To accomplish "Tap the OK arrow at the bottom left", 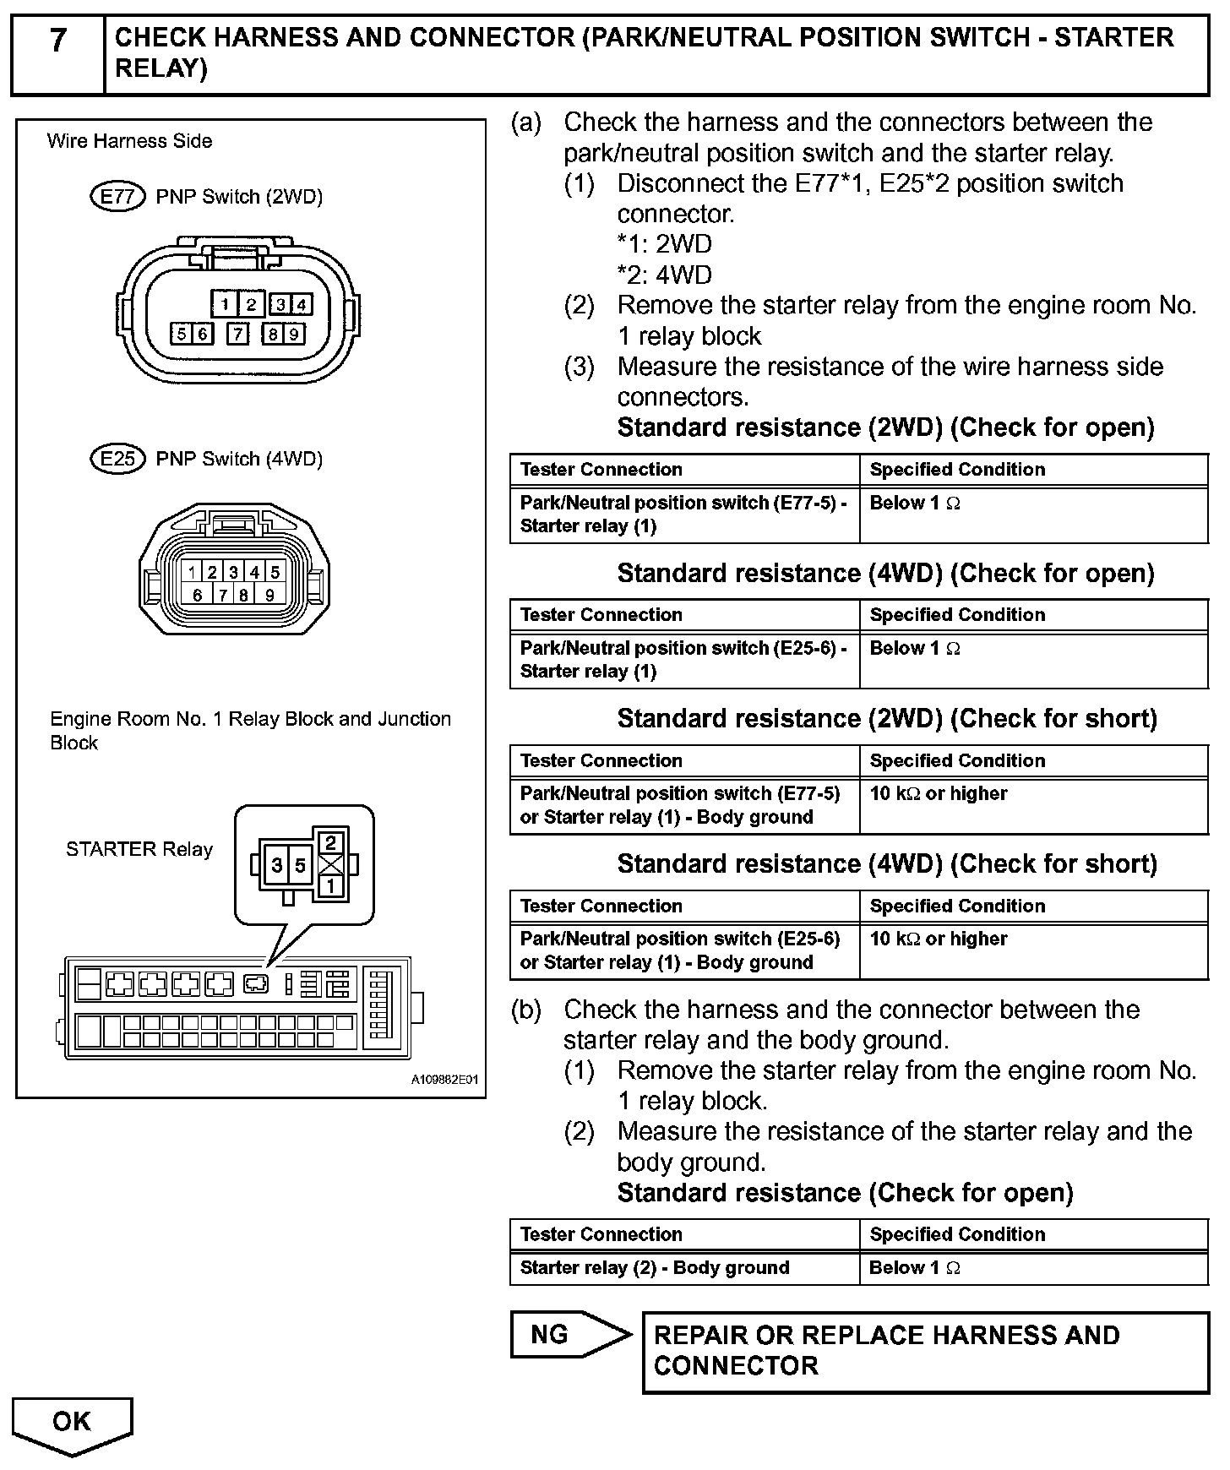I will tap(72, 1422).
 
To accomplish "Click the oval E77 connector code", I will tap(117, 197).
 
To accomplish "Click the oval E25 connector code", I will tap(117, 459).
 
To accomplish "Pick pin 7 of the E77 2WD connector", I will tap(238, 334).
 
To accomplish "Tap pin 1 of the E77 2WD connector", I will tap(225, 304).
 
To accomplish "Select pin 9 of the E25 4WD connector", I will tap(269, 594).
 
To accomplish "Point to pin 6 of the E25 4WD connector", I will tap(197, 594).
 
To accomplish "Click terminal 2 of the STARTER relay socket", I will tap(330, 842).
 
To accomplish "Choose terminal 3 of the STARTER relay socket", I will tap(277, 865).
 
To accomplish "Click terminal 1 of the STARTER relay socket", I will tap(330, 885).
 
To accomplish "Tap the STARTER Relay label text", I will tap(139, 849).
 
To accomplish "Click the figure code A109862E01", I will tap(445, 1080).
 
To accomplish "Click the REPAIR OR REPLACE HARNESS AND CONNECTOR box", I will tap(925, 1351).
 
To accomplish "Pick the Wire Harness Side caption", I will tap(129, 141).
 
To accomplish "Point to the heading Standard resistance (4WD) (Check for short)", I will tap(887, 863).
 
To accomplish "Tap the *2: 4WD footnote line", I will tap(664, 275).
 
